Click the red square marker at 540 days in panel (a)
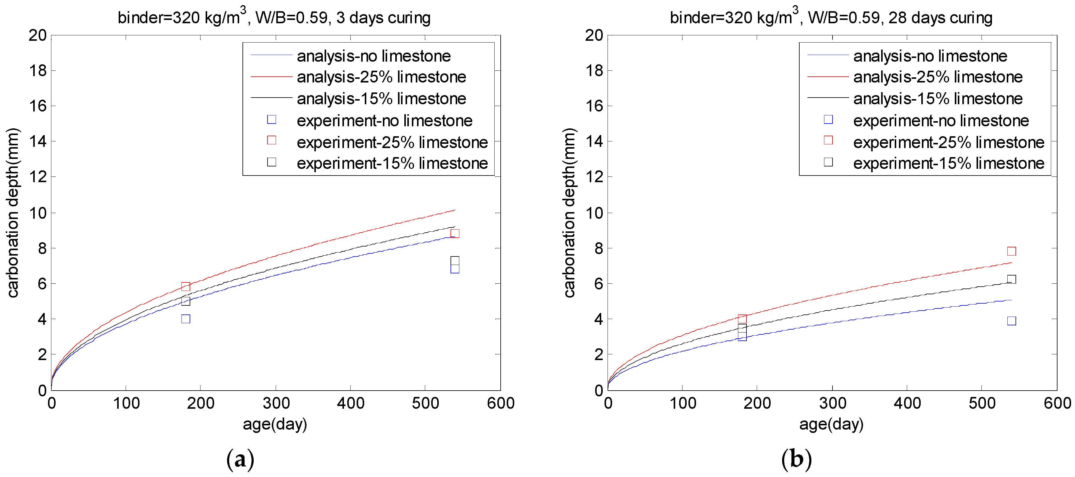(x=455, y=233)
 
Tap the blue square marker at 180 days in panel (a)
(x=186, y=319)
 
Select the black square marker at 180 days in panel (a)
(x=186, y=301)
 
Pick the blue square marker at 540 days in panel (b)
(x=1011, y=321)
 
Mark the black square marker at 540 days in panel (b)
(x=1011, y=279)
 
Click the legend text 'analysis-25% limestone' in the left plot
(x=381, y=77)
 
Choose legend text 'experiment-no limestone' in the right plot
(x=941, y=121)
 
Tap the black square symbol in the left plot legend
(x=272, y=162)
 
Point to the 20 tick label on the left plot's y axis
(x=37, y=35)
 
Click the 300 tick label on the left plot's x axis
(x=276, y=403)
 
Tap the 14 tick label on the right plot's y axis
(x=594, y=141)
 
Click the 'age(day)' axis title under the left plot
(x=275, y=424)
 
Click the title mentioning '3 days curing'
(x=274, y=18)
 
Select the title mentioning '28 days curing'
(x=831, y=18)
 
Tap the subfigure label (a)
(x=240, y=459)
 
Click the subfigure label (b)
(x=796, y=459)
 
